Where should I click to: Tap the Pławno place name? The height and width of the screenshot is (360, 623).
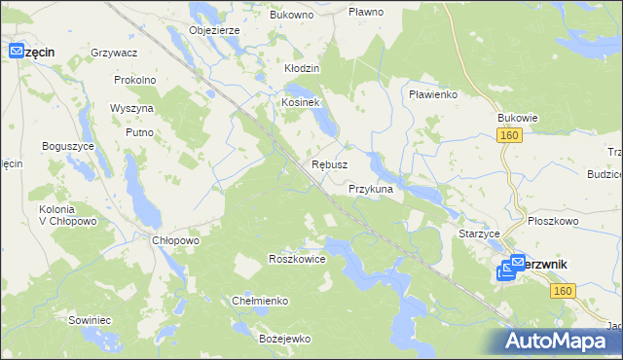tap(366, 13)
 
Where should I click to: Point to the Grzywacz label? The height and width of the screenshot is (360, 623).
tap(113, 52)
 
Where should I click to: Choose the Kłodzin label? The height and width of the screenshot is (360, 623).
tap(302, 69)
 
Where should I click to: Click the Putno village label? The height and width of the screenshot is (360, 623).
tap(140, 131)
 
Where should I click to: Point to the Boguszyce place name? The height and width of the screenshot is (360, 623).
tap(67, 146)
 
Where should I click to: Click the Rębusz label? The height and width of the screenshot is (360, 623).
tap(329, 164)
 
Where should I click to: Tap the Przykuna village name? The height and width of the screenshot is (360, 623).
tap(370, 189)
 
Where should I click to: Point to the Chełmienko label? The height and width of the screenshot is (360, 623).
tap(259, 301)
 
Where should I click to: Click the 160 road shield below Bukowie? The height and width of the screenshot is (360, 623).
tap(511, 136)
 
